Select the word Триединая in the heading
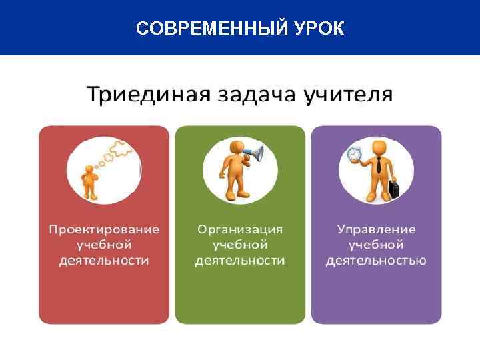point(145,95)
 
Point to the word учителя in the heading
point(348,95)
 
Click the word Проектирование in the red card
point(104,229)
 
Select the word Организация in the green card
point(240,229)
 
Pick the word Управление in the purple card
point(376,229)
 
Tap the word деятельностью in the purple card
point(376,260)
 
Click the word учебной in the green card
point(240,245)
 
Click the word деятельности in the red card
point(104,260)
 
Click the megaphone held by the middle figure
point(253,155)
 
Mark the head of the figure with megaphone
point(236,147)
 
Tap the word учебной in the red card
point(104,245)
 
